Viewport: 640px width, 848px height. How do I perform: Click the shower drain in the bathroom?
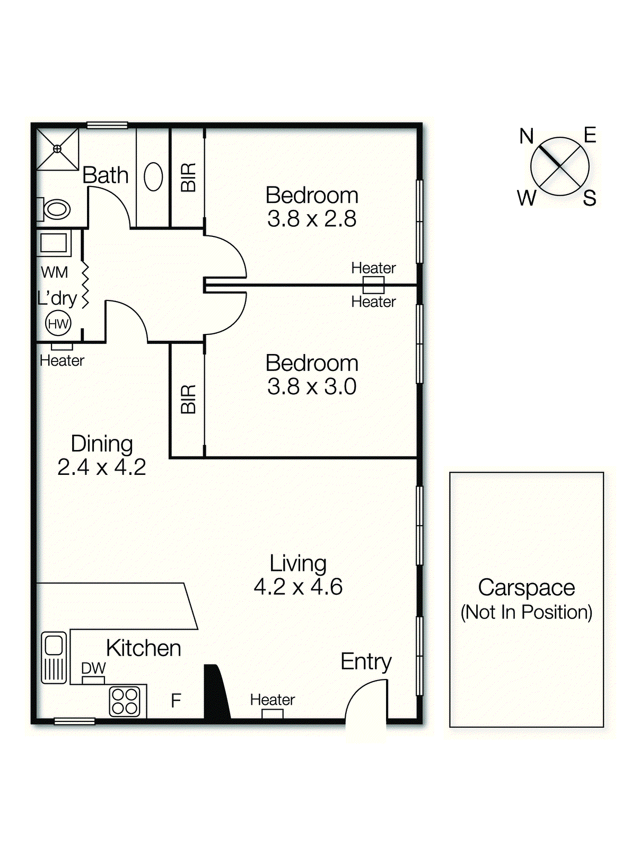click(x=57, y=149)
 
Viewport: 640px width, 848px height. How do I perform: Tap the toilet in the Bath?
click(x=55, y=209)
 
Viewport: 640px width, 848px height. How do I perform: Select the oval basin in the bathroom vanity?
click(x=153, y=176)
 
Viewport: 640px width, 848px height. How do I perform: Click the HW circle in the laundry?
click(x=58, y=323)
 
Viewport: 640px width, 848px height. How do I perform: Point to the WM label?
click(x=54, y=272)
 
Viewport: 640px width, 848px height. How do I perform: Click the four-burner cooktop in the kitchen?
click(x=125, y=701)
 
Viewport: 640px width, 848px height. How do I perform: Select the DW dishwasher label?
click(x=93, y=668)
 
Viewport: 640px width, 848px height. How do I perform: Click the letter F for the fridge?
click(x=176, y=701)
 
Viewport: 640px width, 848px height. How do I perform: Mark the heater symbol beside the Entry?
click(x=273, y=714)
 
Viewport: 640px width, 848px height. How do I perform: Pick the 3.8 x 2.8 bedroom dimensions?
click(x=312, y=219)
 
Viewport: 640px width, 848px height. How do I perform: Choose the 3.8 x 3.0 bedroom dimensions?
click(x=312, y=386)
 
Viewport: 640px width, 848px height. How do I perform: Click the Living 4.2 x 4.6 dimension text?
click(x=298, y=587)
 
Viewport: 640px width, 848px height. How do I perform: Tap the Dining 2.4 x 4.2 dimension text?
click(x=101, y=467)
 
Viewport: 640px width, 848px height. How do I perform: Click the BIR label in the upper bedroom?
click(x=188, y=177)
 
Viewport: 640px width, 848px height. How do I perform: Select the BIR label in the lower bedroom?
click(x=188, y=399)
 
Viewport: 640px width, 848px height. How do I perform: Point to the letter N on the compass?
click(x=526, y=137)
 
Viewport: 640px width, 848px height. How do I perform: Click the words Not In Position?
click(x=526, y=612)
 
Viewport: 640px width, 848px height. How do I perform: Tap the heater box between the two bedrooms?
click(x=373, y=285)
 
